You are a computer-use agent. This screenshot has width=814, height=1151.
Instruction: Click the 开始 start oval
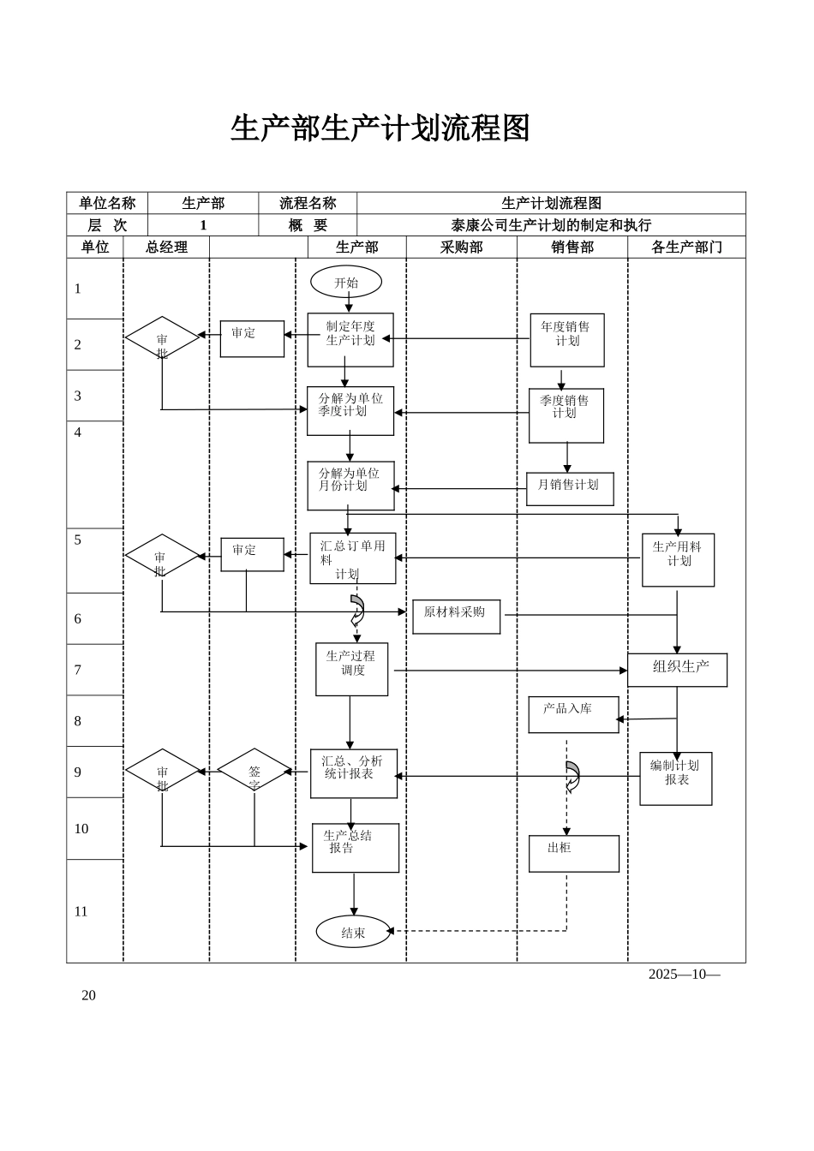click(346, 283)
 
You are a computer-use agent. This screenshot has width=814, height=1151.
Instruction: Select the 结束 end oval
click(353, 932)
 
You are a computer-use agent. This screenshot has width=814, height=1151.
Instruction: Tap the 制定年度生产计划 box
click(350, 339)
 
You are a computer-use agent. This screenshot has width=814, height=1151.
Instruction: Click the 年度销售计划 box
click(566, 340)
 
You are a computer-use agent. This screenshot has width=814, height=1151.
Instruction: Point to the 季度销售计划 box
click(566, 415)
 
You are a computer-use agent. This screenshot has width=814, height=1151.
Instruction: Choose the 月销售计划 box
click(569, 489)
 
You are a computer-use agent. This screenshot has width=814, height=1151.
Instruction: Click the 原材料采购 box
click(456, 617)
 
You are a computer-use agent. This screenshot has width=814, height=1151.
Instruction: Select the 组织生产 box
click(677, 670)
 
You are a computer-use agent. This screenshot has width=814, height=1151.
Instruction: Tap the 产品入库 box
click(573, 714)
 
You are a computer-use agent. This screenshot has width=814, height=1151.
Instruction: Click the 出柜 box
click(573, 853)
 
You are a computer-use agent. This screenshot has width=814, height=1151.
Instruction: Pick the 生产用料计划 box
click(678, 560)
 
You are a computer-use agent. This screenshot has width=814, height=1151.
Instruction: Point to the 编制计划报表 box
click(675, 778)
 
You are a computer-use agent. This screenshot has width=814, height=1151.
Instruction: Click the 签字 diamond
click(254, 770)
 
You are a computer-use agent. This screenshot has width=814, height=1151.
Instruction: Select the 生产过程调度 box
click(351, 669)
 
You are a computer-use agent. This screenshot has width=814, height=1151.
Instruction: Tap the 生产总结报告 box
click(355, 848)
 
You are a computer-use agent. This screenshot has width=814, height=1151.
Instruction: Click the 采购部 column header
click(461, 247)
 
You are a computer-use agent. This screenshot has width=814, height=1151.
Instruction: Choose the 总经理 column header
click(166, 247)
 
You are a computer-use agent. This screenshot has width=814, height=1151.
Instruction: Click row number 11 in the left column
click(81, 911)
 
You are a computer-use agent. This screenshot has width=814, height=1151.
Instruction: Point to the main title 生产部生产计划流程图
click(380, 128)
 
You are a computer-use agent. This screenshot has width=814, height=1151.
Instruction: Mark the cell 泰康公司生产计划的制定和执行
click(551, 225)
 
